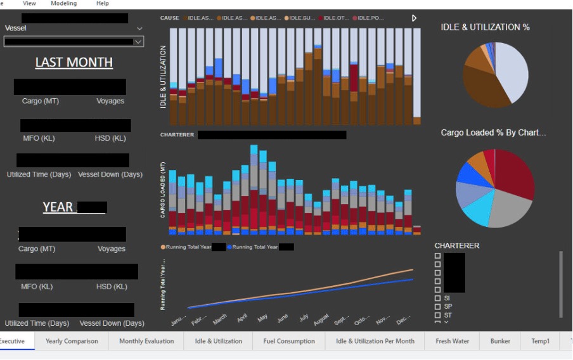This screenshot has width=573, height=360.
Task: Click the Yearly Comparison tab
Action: click(72, 341)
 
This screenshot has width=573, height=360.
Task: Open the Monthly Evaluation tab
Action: click(146, 341)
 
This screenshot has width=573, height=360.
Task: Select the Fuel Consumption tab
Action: click(289, 341)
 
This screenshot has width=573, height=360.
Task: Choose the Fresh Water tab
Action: click(452, 341)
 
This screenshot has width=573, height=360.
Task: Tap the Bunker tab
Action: click(500, 341)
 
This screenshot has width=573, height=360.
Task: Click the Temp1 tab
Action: click(540, 341)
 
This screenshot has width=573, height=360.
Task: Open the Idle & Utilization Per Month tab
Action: click(375, 341)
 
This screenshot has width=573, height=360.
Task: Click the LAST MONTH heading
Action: click(74, 62)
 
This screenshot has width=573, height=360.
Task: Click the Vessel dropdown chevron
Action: click(139, 29)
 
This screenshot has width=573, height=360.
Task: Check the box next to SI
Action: click(437, 298)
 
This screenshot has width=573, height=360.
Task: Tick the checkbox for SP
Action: click(437, 307)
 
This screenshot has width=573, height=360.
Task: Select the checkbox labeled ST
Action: click(437, 315)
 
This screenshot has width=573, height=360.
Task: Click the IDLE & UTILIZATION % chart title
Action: click(485, 27)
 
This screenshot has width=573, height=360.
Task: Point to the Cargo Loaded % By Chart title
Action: click(493, 132)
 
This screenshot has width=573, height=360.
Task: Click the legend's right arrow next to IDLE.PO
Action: click(414, 18)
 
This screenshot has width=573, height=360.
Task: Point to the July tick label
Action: click(304, 316)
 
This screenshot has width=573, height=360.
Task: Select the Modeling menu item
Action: click(63, 3)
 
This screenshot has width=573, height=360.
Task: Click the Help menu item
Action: click(103, 3)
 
